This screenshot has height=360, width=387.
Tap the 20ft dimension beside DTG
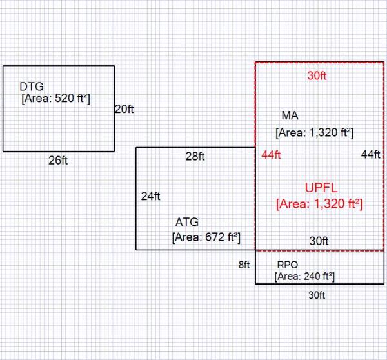(x=124, y=109)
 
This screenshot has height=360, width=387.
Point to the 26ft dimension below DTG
(x=58, y=160)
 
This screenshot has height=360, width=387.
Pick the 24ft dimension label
(x=151, y=196)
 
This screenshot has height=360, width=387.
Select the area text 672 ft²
(x=206, y=237)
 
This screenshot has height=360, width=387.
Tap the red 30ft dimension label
(x=317, y=75)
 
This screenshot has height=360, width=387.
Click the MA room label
(x=290, y=116)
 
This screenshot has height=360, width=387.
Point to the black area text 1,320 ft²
(x=314, y=133)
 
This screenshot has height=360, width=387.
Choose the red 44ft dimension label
(x=272, y=155)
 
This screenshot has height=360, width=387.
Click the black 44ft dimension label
(x=371, y=155)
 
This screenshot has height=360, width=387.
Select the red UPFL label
(x=321, y=188)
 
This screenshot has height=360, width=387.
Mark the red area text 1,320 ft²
(x=319, y=204)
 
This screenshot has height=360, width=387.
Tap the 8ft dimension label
(x=243, y=264)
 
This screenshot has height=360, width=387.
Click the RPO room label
(x=287, y=265)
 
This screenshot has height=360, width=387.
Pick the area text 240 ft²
(x=304, y=276)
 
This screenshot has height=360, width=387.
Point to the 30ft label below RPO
(x=317, y=295)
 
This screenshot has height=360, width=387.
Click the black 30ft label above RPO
(x=319, y=241)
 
